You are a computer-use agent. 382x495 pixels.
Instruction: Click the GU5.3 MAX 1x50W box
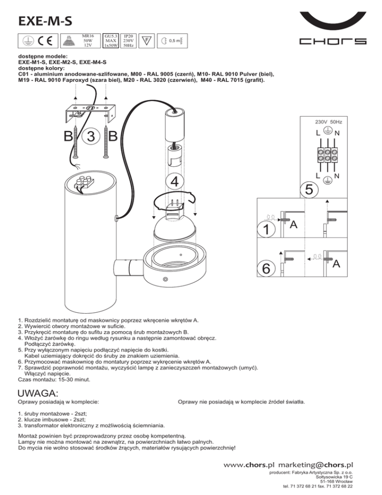point(111,41)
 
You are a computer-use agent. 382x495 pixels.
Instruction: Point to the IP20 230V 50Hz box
point(128,41)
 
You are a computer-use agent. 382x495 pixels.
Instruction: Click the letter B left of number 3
point(68,136)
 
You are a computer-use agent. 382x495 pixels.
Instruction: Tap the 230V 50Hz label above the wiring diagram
point(328,121)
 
